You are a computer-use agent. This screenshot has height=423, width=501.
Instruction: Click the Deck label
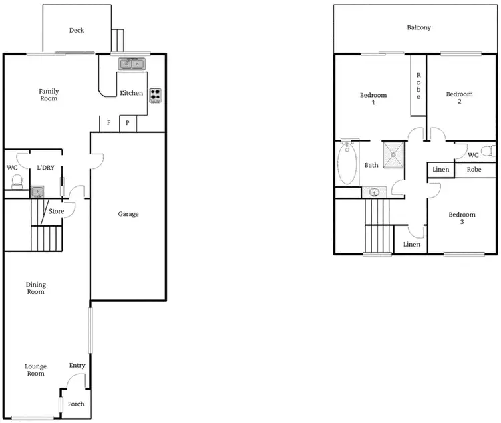pyautogui.click(x=77, y=30)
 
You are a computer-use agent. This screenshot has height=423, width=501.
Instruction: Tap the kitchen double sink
pyautogui.click(x=132, y=64)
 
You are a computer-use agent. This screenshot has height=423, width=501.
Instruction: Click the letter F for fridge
pyautogui.click(x=108, y=124)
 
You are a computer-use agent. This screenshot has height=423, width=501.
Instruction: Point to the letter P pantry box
pyautogui.click(x=127, y=124)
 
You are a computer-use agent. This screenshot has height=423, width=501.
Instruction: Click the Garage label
pyautogui.click(x=128, y=214)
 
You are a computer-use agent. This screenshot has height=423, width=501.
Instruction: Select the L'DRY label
pyautogui.click(x=45, y=167)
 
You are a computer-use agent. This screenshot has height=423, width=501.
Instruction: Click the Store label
pyautogui.click(x=57, y=212)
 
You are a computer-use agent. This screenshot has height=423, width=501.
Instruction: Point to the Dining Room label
pyautogui.click(x=36, y=288)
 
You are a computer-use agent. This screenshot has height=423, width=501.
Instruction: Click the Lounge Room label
pyautogui.click(x=35, y=370)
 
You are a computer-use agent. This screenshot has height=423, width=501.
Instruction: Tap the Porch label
pyautogui.click(x=77, y=404)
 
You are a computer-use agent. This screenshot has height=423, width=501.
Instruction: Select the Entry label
pyautogui.click(x=77, y=365)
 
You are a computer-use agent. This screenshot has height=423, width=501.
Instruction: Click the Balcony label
pyautogui.click(x=419, y=28)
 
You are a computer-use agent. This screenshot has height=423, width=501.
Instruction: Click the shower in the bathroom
pyautogui.click(x=395, y=153)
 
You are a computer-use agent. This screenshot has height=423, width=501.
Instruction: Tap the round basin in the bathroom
pyautogui.click(x=374, y=193)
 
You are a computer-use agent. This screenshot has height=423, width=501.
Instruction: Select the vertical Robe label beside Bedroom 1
pyautogui.click(x=418, y=86)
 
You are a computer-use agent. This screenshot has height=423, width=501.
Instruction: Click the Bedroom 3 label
pyautogui.click(x=462, y=218)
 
